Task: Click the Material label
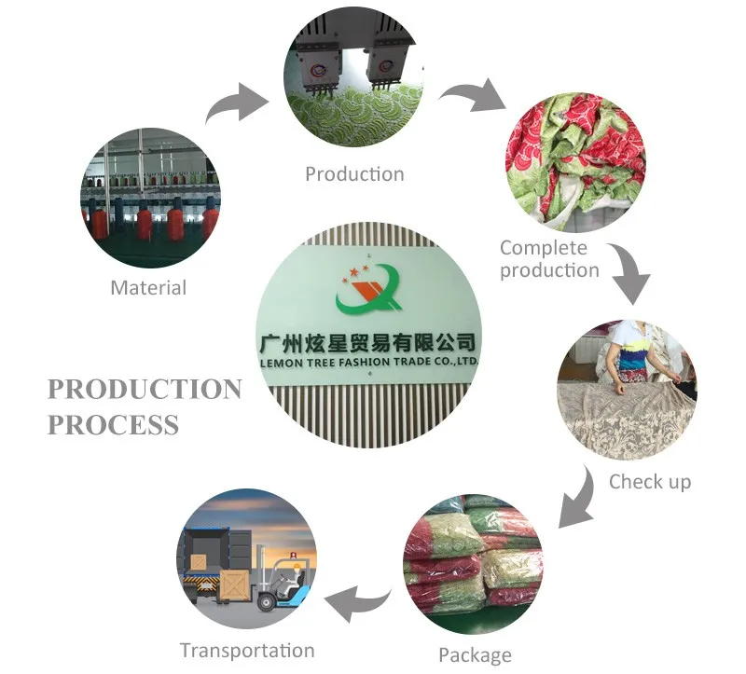pos(148,288)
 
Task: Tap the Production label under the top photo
pos(354,174)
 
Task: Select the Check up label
pos(650,481)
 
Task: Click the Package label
pos(474,654)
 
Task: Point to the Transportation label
pos(247,651)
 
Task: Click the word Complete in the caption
pos(544,248)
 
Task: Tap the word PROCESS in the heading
pos(113,425)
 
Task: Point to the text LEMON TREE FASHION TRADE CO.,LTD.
pos(371,362)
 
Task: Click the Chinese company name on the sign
pos(371,341)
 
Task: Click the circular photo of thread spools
pos(150,198)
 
